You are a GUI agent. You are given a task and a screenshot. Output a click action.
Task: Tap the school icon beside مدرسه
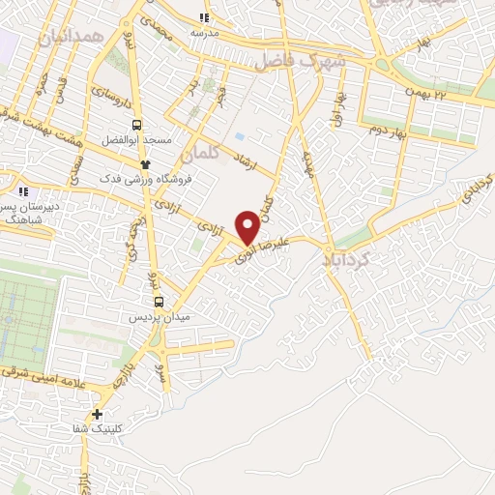(x=204, y=17)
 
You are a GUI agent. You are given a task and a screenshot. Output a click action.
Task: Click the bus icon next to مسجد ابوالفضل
(x=137, y=125)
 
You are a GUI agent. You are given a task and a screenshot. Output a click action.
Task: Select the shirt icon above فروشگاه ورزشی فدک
(x=146, y=163)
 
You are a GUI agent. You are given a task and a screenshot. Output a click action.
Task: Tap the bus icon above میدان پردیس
(x=160, y=301)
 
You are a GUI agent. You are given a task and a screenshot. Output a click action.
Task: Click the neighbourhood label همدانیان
(x=69, y=38)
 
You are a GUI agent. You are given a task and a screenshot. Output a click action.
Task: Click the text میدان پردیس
(x=161, y=317)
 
